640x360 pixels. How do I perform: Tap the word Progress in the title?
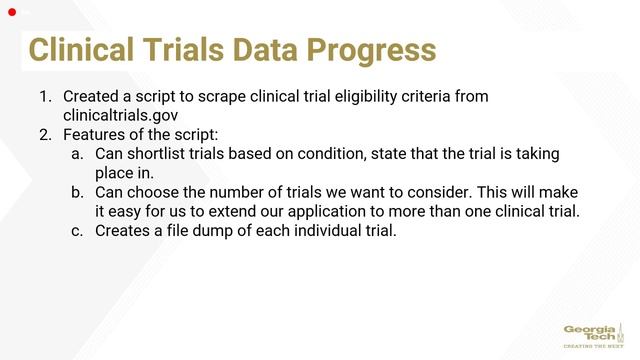click(x=376, y=50)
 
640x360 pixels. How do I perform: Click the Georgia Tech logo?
click(x=591, y=333)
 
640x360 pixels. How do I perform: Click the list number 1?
click(x=44, y=98)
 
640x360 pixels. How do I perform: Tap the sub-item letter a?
click(x=77, y=154)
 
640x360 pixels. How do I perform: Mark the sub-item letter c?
click(x=77, y=231)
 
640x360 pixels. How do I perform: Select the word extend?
click(x=229, y=211)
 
